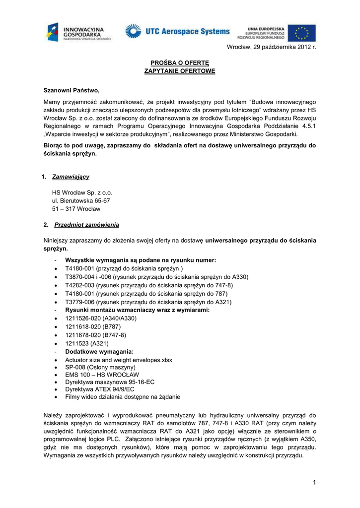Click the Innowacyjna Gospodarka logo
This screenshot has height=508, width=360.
(x=79, y=32)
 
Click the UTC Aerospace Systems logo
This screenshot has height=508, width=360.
(x=177, y=32)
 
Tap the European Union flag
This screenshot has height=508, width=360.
(x=301, y=33)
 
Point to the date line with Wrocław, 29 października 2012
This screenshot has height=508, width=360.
(x=271, y=47)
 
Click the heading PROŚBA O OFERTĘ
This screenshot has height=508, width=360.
(x=180, y=63)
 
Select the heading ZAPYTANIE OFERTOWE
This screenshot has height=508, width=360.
(x=180, y=71)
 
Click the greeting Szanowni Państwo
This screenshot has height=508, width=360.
(x=72, y=90)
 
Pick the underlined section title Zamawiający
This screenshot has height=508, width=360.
(x=71, y=177)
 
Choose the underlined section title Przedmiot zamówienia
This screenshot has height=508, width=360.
(x=86, y=225)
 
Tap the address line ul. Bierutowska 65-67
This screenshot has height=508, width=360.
(x=81, y=200)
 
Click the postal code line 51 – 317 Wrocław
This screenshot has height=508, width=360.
(x=76, y=209)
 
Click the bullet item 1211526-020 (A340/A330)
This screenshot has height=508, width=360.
(x=101, y=318)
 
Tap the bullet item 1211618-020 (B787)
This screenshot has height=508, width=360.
(x=93, y=327)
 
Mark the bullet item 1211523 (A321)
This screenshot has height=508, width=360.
(x=87, y=343)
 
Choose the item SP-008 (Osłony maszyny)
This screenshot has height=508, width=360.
(x=100, y=368)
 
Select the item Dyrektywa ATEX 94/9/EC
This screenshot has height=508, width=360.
(x=99, y=389)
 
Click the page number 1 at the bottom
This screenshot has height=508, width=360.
(x=314, y=482)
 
